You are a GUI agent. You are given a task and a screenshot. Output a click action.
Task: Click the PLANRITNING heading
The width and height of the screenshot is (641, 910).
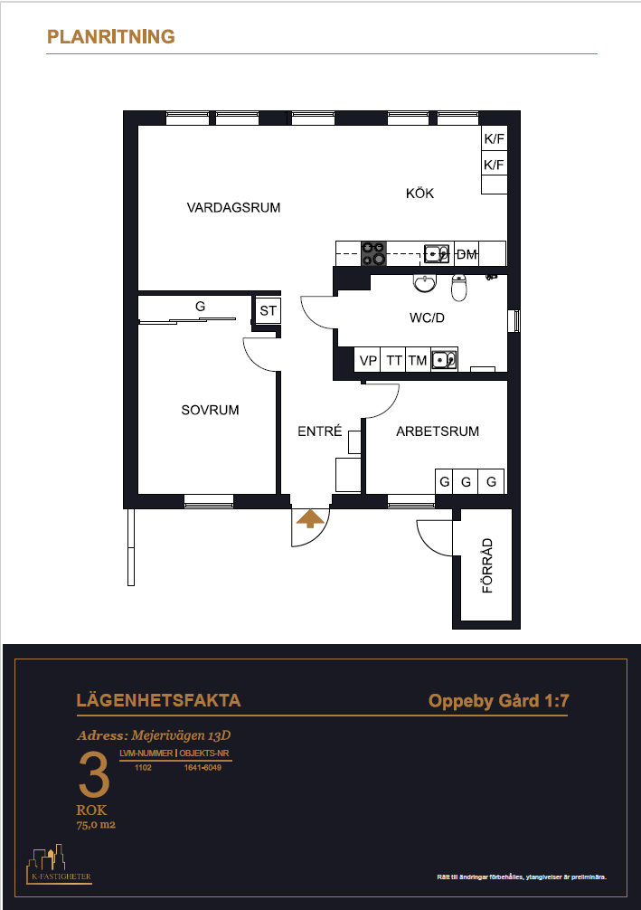coord(111,36)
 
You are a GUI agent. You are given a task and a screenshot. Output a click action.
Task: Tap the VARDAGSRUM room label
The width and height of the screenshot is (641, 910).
coord(233,207)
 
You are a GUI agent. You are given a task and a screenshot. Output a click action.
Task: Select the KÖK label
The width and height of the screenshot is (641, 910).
coord(419,194)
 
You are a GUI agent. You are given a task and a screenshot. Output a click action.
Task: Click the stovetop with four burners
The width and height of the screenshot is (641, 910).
coord(373,253)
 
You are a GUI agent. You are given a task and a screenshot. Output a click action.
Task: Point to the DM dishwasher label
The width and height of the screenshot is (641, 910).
coord(467,254)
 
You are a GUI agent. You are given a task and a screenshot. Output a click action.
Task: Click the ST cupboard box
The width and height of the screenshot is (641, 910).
coord(268,310)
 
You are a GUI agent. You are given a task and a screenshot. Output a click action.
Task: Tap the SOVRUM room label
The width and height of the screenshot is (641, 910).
coord(210,410)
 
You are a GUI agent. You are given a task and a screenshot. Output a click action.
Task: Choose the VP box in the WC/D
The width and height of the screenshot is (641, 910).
coord(368,360)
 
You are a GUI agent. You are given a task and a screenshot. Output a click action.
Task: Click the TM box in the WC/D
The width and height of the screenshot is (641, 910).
coord(418,360)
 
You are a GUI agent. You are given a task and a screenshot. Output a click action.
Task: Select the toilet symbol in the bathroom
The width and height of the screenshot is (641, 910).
coord(459,288)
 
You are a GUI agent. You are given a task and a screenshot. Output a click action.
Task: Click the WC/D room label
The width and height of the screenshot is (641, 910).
coord(427,318)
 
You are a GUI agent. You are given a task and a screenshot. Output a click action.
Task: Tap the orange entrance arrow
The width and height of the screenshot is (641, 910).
coord(310,519)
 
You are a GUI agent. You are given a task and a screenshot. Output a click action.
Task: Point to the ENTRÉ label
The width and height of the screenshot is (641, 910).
coord(320,431)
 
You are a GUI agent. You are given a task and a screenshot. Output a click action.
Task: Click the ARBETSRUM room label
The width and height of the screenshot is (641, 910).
coord(438,431)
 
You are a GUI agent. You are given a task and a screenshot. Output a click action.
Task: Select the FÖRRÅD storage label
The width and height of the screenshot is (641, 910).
coord(487,565)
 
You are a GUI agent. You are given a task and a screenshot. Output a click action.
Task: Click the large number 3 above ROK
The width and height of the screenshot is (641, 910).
coord(94,775)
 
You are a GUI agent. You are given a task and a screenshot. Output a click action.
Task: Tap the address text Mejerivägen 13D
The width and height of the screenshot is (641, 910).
coord(181,735)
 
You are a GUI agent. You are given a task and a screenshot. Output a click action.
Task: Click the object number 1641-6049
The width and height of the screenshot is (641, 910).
coord(203,767)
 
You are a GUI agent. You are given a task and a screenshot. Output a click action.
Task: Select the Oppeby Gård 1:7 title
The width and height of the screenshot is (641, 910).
coord(498,701)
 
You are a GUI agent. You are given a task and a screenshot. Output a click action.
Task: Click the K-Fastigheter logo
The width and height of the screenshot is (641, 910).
coord(59,864)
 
